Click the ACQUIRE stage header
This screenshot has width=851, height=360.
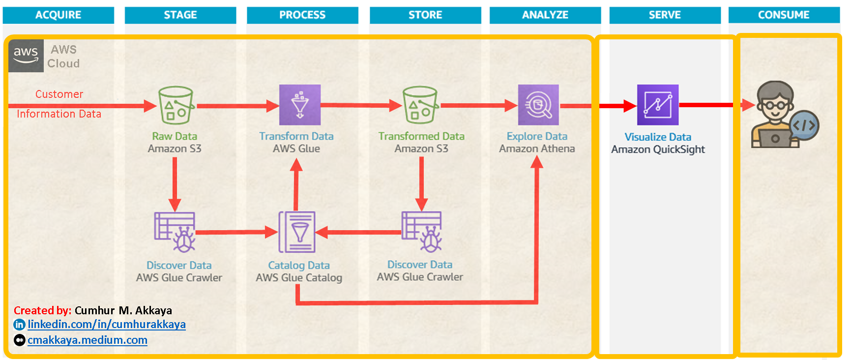[59, 15]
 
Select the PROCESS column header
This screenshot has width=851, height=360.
[302, 15]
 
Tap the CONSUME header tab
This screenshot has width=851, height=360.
[784, 15]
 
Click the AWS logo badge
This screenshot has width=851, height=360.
[26, 56]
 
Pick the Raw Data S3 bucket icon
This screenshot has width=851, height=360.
[176, 105]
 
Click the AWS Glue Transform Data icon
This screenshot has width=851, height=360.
[300, 105]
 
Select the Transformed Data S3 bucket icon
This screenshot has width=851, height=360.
[420, 105]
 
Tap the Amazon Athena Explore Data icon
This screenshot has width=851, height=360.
[538, 105]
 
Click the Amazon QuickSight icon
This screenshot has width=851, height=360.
[658, 105]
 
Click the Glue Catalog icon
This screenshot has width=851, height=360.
[297, 232]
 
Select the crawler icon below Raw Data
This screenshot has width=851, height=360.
[175, 232]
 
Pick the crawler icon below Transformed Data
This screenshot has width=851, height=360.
[422, 232]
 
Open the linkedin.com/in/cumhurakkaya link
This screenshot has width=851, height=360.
[107, 325]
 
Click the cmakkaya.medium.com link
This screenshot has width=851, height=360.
[88, 340]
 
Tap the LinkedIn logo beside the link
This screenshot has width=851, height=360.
[19, 325]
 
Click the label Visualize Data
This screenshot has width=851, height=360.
[658, 137]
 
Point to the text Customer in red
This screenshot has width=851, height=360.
[59, 94]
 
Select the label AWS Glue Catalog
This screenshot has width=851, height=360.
[299, 278]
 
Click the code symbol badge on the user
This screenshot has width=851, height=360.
[805, 125]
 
